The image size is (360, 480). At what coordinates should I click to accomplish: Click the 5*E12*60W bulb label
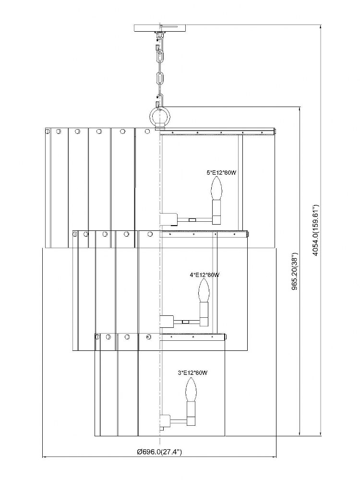coord(221,173)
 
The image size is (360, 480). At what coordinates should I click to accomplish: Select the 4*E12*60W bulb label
coord(204,275)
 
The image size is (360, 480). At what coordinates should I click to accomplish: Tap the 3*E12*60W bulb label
coord(192,373)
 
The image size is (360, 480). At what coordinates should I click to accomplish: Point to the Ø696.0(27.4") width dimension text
coord(159,452)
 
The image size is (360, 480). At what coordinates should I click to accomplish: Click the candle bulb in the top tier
coord(216,189)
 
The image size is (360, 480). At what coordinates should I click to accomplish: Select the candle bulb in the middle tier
coord(204,290)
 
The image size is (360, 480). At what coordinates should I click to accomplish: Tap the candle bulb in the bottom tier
coord(191,389)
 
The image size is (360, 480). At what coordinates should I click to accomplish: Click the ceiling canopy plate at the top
coord(160,28)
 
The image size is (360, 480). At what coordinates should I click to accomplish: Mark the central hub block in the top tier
coord(168,219)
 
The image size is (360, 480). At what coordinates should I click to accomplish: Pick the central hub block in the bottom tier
coord(165,420)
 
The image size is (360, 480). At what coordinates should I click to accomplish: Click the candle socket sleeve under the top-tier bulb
coord(216,212)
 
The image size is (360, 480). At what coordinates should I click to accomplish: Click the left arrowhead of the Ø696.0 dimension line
coord(44,457)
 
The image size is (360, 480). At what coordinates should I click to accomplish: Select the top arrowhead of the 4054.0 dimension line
coord(321,27)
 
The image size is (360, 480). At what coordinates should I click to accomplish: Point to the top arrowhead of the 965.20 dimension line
coord(299,108)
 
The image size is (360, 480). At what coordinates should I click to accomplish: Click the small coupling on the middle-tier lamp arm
coord(185,322)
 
